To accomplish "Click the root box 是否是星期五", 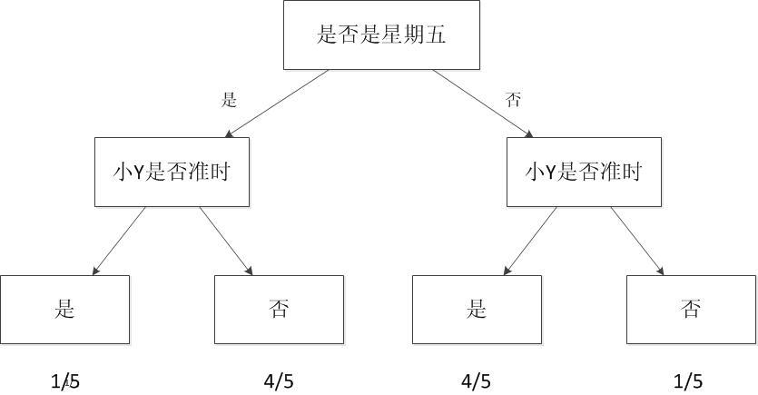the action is click(x=381, y=35).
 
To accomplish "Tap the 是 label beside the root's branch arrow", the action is click(x=229, y=100).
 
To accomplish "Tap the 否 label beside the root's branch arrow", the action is click(x=513, y=100).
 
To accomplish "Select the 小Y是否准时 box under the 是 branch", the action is click(x=172, y=173).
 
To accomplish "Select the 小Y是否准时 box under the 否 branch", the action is click(x=584, y=173).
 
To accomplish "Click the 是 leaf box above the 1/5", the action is click(x=64, y=310).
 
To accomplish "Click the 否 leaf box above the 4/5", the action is click(x=279, y=310).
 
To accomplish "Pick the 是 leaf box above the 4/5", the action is click(x=477, y=310).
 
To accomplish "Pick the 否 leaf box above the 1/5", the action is click(x=692, y=310).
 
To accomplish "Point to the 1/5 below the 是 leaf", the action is click(x=65, y=381).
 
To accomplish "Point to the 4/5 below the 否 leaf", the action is click(x=279, y=381).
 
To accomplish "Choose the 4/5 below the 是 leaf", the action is click(x=477, y=381).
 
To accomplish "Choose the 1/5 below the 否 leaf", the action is click(x=688, y=381).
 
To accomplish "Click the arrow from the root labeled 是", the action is click(x=277, y=104).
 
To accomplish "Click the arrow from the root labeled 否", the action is click(x=483, y=104).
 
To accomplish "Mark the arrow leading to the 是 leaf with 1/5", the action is click(x=119, y=241).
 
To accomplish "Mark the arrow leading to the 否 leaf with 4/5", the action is click(x=226, y=241).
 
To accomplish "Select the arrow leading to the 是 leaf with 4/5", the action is click(x=530, y=241).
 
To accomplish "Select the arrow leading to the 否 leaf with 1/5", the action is click(x=637, y=241).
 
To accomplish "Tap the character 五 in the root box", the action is click(x=435, y=35).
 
